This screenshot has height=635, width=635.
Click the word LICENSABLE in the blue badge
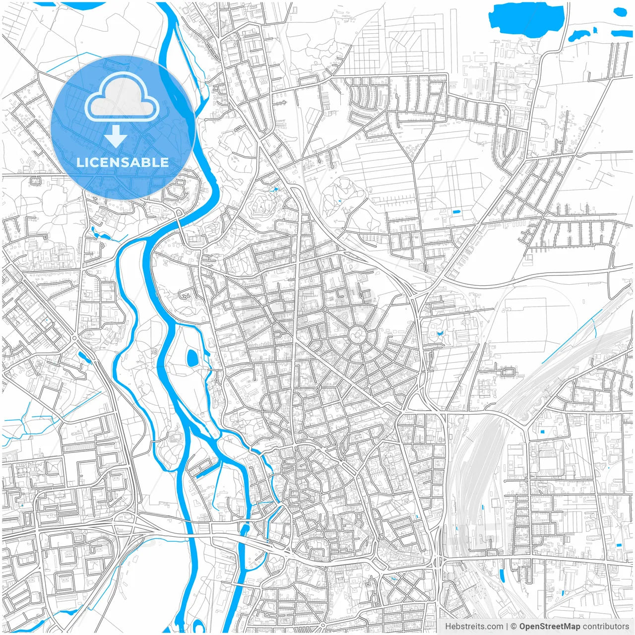pos(123,162)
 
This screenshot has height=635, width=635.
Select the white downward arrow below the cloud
pos(116,136)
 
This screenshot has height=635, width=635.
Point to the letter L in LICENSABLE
pos(80,162)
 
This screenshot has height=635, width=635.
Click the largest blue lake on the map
pos(526,19)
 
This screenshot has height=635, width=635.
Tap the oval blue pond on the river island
pos(191,358)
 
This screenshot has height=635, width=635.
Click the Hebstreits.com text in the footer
pos(474,627)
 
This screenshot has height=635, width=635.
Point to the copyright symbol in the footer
pos(514,627)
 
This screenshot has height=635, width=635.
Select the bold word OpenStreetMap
pos(550,627)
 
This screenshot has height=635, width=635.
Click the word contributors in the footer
pos(606,627)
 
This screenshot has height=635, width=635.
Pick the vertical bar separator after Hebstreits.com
pos(507,627)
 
